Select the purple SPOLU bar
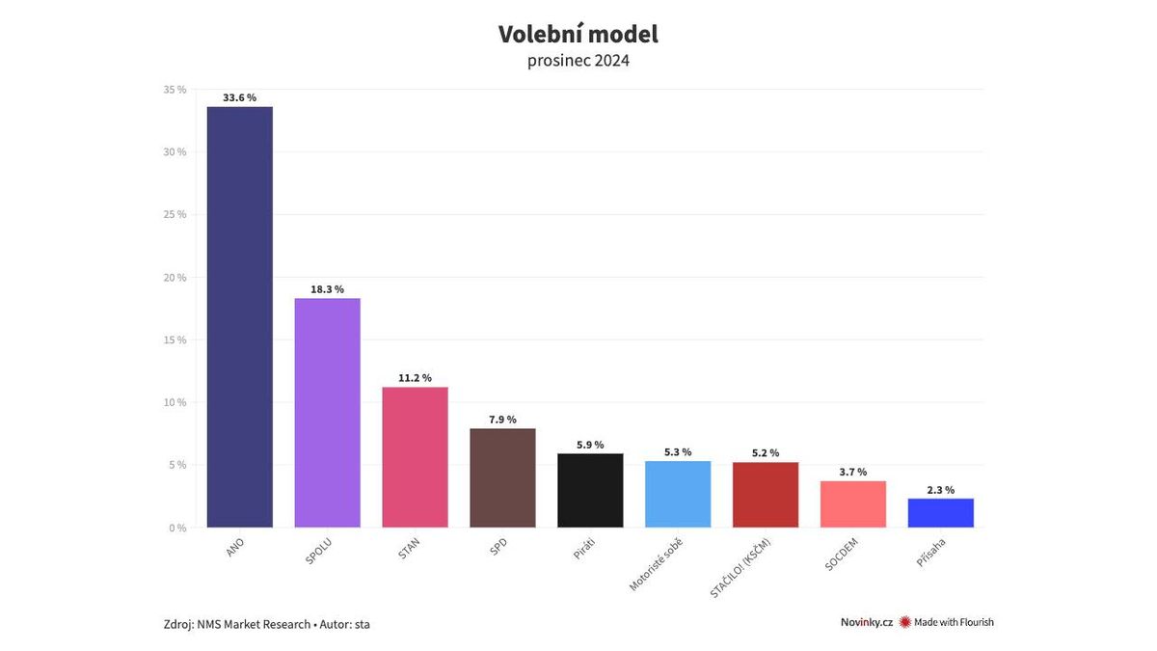point(327,413)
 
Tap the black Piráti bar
point(590,490)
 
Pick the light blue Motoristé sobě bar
point(678,494)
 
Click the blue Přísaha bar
point(940,513)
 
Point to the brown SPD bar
point(502,477)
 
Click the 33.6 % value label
point(239,97)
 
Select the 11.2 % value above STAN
point(415,378)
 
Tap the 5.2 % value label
point(765,453)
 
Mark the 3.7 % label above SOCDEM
point(852,472)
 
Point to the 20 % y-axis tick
point(175,278)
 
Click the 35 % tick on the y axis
point(175,90)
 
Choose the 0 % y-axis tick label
point(177,528)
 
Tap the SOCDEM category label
point(842,555)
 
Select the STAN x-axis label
point(409,549)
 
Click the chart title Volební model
point(578,35)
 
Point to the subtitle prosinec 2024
point(578,61)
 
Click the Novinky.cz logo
point(866,622)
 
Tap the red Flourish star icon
point(904,622)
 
